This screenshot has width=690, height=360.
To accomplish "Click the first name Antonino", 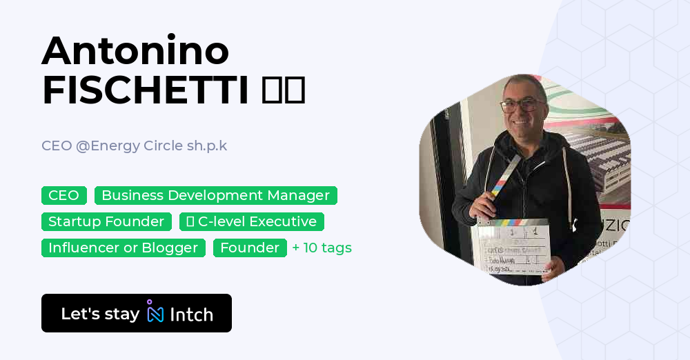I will [x=135, y=51].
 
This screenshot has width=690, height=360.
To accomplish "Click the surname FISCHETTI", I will [x=145, y=90].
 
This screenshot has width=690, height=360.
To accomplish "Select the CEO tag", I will [x=63, y=195].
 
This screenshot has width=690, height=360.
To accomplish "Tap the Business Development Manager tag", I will [x=215, y=195].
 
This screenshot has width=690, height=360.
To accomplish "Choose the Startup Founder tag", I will [x=106, y=221].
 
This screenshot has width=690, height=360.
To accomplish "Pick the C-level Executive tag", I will [x=251, y=221].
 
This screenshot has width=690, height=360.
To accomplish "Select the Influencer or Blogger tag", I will [x=123, y=248].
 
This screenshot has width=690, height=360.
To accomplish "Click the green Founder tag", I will [x=250, y=248].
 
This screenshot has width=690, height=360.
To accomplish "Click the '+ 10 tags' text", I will [x=322, y=248].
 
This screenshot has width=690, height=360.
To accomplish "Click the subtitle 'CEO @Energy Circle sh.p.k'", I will [x=134, y=146].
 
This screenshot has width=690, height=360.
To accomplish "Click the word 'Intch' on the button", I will [x=191, y=314].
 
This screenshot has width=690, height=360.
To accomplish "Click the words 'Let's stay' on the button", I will [x=100, y=314].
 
